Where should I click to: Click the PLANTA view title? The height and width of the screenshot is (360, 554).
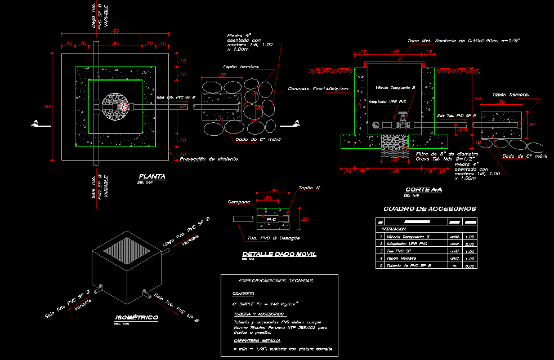click(152, 176)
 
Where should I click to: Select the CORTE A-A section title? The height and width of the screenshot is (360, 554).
click(424, 189)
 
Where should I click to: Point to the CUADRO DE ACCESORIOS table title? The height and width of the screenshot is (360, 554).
click(430, 208)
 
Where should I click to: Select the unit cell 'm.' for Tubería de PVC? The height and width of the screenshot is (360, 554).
click(453, 265)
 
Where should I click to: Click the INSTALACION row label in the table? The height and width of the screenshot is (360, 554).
click(394, 229)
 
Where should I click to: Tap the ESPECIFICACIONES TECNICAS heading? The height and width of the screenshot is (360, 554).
click(276, 280)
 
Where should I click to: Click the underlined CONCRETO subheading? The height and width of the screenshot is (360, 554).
click(243, 294)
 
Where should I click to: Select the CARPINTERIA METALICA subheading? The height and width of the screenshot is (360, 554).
click(257, 341)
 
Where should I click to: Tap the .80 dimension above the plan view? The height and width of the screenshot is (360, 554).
click(115, 30)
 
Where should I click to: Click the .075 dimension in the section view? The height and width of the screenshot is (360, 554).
click(462, 130)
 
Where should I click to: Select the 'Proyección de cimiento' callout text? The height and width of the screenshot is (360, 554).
click(208, 159)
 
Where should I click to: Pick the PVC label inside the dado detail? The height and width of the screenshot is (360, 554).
click(271, 219)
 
